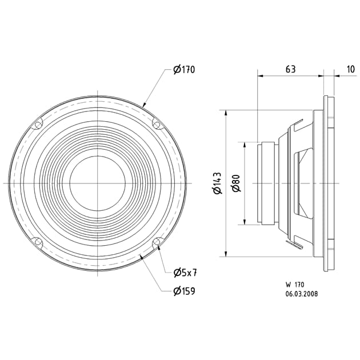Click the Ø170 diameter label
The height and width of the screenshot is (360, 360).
pos(184,70)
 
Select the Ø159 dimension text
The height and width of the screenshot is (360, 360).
pos(184,291)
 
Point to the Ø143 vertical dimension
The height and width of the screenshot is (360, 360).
pos(218,183)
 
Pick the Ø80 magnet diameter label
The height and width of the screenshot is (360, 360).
pos(235,183)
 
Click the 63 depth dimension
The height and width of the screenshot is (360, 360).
pos(290,69)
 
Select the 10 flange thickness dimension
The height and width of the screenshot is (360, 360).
pos(350,69)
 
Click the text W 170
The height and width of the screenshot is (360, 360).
pos(295,284)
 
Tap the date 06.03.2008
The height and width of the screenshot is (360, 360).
pos(302,294)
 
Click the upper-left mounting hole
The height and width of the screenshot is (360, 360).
pos(38,124)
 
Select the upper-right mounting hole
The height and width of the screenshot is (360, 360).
pos(157,124)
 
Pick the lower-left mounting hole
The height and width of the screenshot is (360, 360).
pos(38,242)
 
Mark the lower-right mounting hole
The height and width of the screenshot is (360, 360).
pos(157,242)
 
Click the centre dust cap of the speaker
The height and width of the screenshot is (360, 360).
pos(98,183)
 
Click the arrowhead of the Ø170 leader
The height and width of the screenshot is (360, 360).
pos(146,106)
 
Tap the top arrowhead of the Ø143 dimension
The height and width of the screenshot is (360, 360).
pos(227,113)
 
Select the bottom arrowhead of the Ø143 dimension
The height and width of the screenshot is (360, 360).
pos(227,254)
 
